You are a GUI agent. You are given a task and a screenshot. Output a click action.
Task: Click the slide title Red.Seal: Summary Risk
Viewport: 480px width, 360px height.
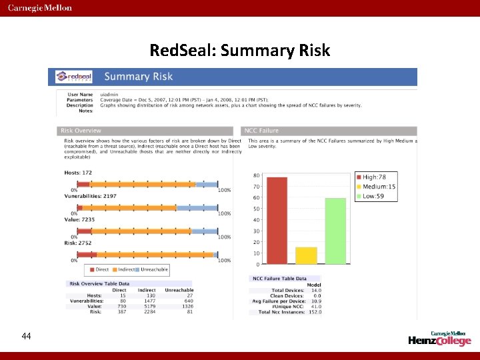[x=240, y=51]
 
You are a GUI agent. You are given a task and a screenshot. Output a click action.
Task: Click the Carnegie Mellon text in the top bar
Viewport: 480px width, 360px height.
[x=41, y=8]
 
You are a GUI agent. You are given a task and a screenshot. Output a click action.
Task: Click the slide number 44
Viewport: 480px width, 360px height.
[x=26, y=336]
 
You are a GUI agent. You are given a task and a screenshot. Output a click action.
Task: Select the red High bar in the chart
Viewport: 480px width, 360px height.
[x=277, y=221]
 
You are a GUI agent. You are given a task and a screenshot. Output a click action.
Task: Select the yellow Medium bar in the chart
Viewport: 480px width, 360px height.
[x=306, y=256]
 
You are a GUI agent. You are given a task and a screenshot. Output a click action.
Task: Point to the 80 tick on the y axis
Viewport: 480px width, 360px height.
[x=256, y=175]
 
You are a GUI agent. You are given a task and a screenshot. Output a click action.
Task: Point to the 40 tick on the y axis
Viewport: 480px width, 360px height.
[x=256, y=220]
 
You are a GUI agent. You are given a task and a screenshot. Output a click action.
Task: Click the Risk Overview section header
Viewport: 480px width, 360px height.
[x=81, y=131]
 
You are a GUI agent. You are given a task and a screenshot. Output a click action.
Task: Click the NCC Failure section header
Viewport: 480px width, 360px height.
[x=262, y=131]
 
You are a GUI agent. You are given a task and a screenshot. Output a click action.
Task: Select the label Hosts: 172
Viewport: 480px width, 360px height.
[x=79, y=173]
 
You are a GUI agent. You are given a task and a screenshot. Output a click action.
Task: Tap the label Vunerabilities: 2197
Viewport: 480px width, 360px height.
[x=90, y=196]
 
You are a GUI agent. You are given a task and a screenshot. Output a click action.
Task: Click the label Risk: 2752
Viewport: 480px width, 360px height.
[x=79, y=243]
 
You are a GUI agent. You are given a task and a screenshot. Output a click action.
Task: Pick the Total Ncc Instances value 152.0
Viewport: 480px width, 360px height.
[x=314, y=312]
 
